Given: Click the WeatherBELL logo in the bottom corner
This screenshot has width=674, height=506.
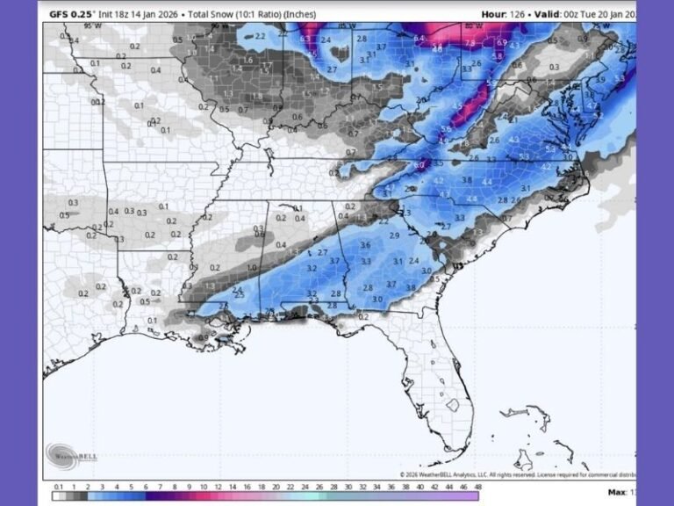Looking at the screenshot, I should click(x=69, y=455).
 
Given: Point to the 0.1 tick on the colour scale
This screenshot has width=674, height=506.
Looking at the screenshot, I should click(x=58, y=486).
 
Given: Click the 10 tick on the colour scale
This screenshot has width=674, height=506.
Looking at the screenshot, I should click(x=204, y=486).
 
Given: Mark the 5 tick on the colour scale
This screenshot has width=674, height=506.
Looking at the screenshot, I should click(x=133, y=486).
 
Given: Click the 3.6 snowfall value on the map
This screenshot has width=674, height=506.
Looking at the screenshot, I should click(x=365, y=245).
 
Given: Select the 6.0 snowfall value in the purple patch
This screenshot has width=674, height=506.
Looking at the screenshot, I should click(x=419, y=164).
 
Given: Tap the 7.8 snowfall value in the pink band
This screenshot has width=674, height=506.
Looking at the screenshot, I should click(x=470, y=43).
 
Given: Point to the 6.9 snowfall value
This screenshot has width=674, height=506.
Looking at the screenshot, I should click(x=501, y=42).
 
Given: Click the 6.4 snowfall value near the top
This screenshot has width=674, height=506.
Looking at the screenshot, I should click(x=419, y=39).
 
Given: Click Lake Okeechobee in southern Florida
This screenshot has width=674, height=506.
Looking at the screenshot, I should click(x=454, y=406).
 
